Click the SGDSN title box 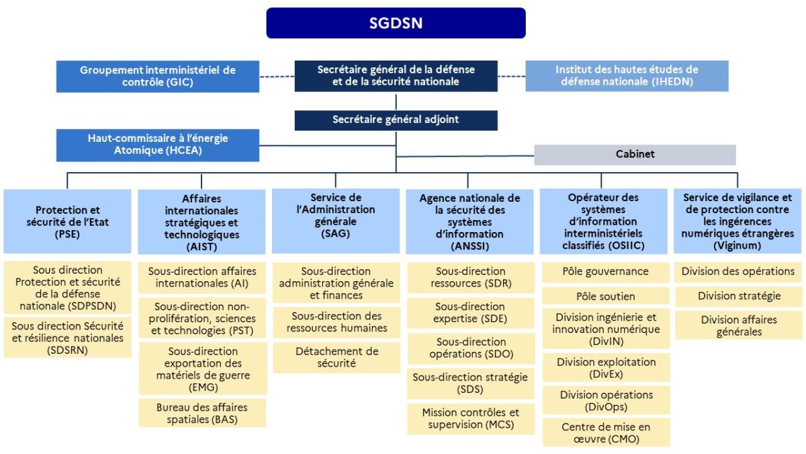tap(396, 23)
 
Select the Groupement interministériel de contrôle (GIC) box tap(158, 76)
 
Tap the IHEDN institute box tap(627, 76)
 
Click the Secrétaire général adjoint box tap(396, 120)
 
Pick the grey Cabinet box tap(635, 154)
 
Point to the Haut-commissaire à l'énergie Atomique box tap(158, 144)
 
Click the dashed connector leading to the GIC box tap(277, 77)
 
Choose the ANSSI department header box tap(469, 221)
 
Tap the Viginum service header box tap(737, 221)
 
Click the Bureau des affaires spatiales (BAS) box tap(202, 413)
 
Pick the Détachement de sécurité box tap(337, 357)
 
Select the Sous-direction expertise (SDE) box tap(470, 313)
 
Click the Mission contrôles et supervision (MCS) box tap(470, 418)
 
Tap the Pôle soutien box tap(605, 296)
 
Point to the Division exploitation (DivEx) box tap(605, 367)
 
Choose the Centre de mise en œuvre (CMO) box tap(605, 432)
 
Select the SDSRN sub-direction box tap(67, 337)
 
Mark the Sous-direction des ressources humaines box tap(337, 321)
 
